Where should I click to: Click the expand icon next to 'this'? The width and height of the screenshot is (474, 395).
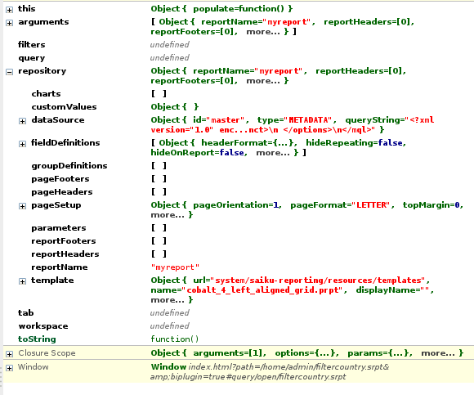coord(9,10)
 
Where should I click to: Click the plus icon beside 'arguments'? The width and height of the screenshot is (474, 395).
coord(9,23)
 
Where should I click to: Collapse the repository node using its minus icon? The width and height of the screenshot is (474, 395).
coord(9,72)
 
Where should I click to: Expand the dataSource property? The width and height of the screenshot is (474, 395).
coord(22,121)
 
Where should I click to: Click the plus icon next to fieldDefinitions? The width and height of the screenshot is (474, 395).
coord(22,144)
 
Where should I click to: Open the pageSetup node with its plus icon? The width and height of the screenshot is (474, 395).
coord(22,206)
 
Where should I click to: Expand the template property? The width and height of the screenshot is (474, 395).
coord(22,281)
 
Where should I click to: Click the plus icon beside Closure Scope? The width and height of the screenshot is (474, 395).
coord(9,354)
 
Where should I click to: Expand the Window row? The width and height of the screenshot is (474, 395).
coord(9,368)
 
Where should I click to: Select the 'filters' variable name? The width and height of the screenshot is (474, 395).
coord(31,44)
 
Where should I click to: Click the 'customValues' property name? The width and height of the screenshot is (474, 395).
coord(64,107)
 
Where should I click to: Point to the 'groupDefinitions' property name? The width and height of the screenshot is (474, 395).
coord(69,166)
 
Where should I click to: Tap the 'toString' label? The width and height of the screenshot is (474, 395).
coord(37,339)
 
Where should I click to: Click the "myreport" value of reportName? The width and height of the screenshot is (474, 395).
coord(175,267)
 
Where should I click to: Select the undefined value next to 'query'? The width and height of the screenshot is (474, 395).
coord(170,57)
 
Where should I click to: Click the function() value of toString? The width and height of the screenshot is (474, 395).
coord(175,339)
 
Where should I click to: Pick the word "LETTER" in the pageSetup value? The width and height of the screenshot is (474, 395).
coord(372,205)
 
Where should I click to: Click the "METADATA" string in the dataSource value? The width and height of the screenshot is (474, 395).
coord(310,120)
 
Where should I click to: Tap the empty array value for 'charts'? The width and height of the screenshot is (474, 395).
coord(159,94)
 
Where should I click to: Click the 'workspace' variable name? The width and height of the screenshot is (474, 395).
coord(43,326)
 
